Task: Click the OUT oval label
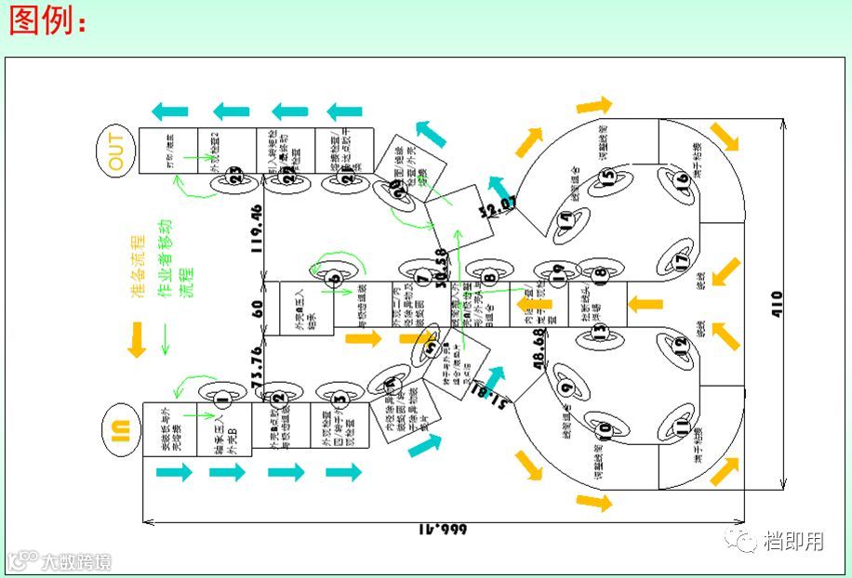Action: [x=116, y=151]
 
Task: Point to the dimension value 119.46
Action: [x=256, y=228]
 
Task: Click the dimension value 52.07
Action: [x=496, y=206]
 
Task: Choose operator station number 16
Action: [x=684, y=177]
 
